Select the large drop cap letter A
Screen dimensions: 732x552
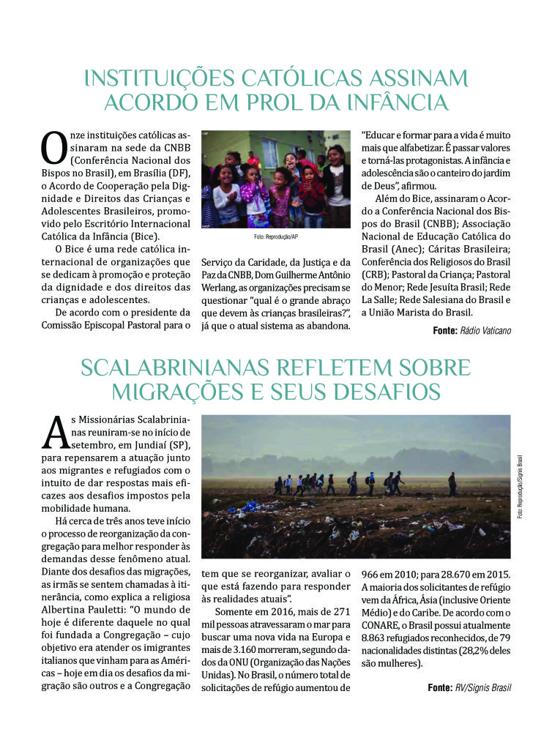(56, 433)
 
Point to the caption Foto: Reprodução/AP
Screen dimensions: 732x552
(275, 238)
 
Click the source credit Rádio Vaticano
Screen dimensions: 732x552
(485, 331)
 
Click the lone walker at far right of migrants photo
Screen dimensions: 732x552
(452, 483)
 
